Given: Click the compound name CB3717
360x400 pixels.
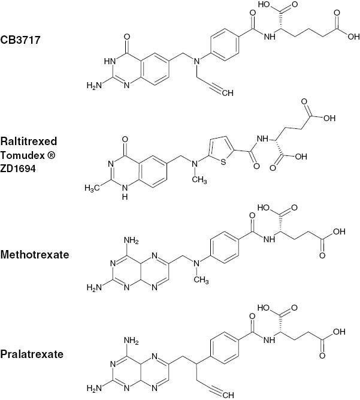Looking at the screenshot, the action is (x=20, y=40).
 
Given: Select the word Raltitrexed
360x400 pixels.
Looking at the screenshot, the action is (x=29, y=141).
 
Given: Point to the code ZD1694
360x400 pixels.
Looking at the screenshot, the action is (x=18, y=169).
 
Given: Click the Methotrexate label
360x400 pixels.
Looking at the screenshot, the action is (x=35, y=255).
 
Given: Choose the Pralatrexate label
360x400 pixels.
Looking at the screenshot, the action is (x=32, y=354).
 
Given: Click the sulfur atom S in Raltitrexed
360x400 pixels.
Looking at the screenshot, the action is (x=223, y=162).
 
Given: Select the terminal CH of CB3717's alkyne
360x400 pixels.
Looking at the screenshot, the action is (x=228, y=93).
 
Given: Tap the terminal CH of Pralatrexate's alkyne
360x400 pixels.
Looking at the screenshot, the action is (x=228, y=395).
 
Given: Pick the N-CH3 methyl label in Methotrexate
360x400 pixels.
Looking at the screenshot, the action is (x=201, y=280).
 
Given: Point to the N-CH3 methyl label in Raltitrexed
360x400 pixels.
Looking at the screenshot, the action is (x=199, y=180).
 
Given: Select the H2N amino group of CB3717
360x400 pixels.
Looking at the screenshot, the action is (x=94, y=85).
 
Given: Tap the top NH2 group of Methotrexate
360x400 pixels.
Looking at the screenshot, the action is (x=131, y=240).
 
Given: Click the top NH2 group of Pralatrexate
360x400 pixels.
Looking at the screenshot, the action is (x=131, y=341).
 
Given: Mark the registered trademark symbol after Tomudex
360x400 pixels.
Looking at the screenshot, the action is (x=51, y=155).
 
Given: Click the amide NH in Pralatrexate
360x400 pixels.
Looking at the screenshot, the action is (x=270, y=340).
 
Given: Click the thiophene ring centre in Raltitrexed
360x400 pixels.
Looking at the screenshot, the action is (x=221, y=150).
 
